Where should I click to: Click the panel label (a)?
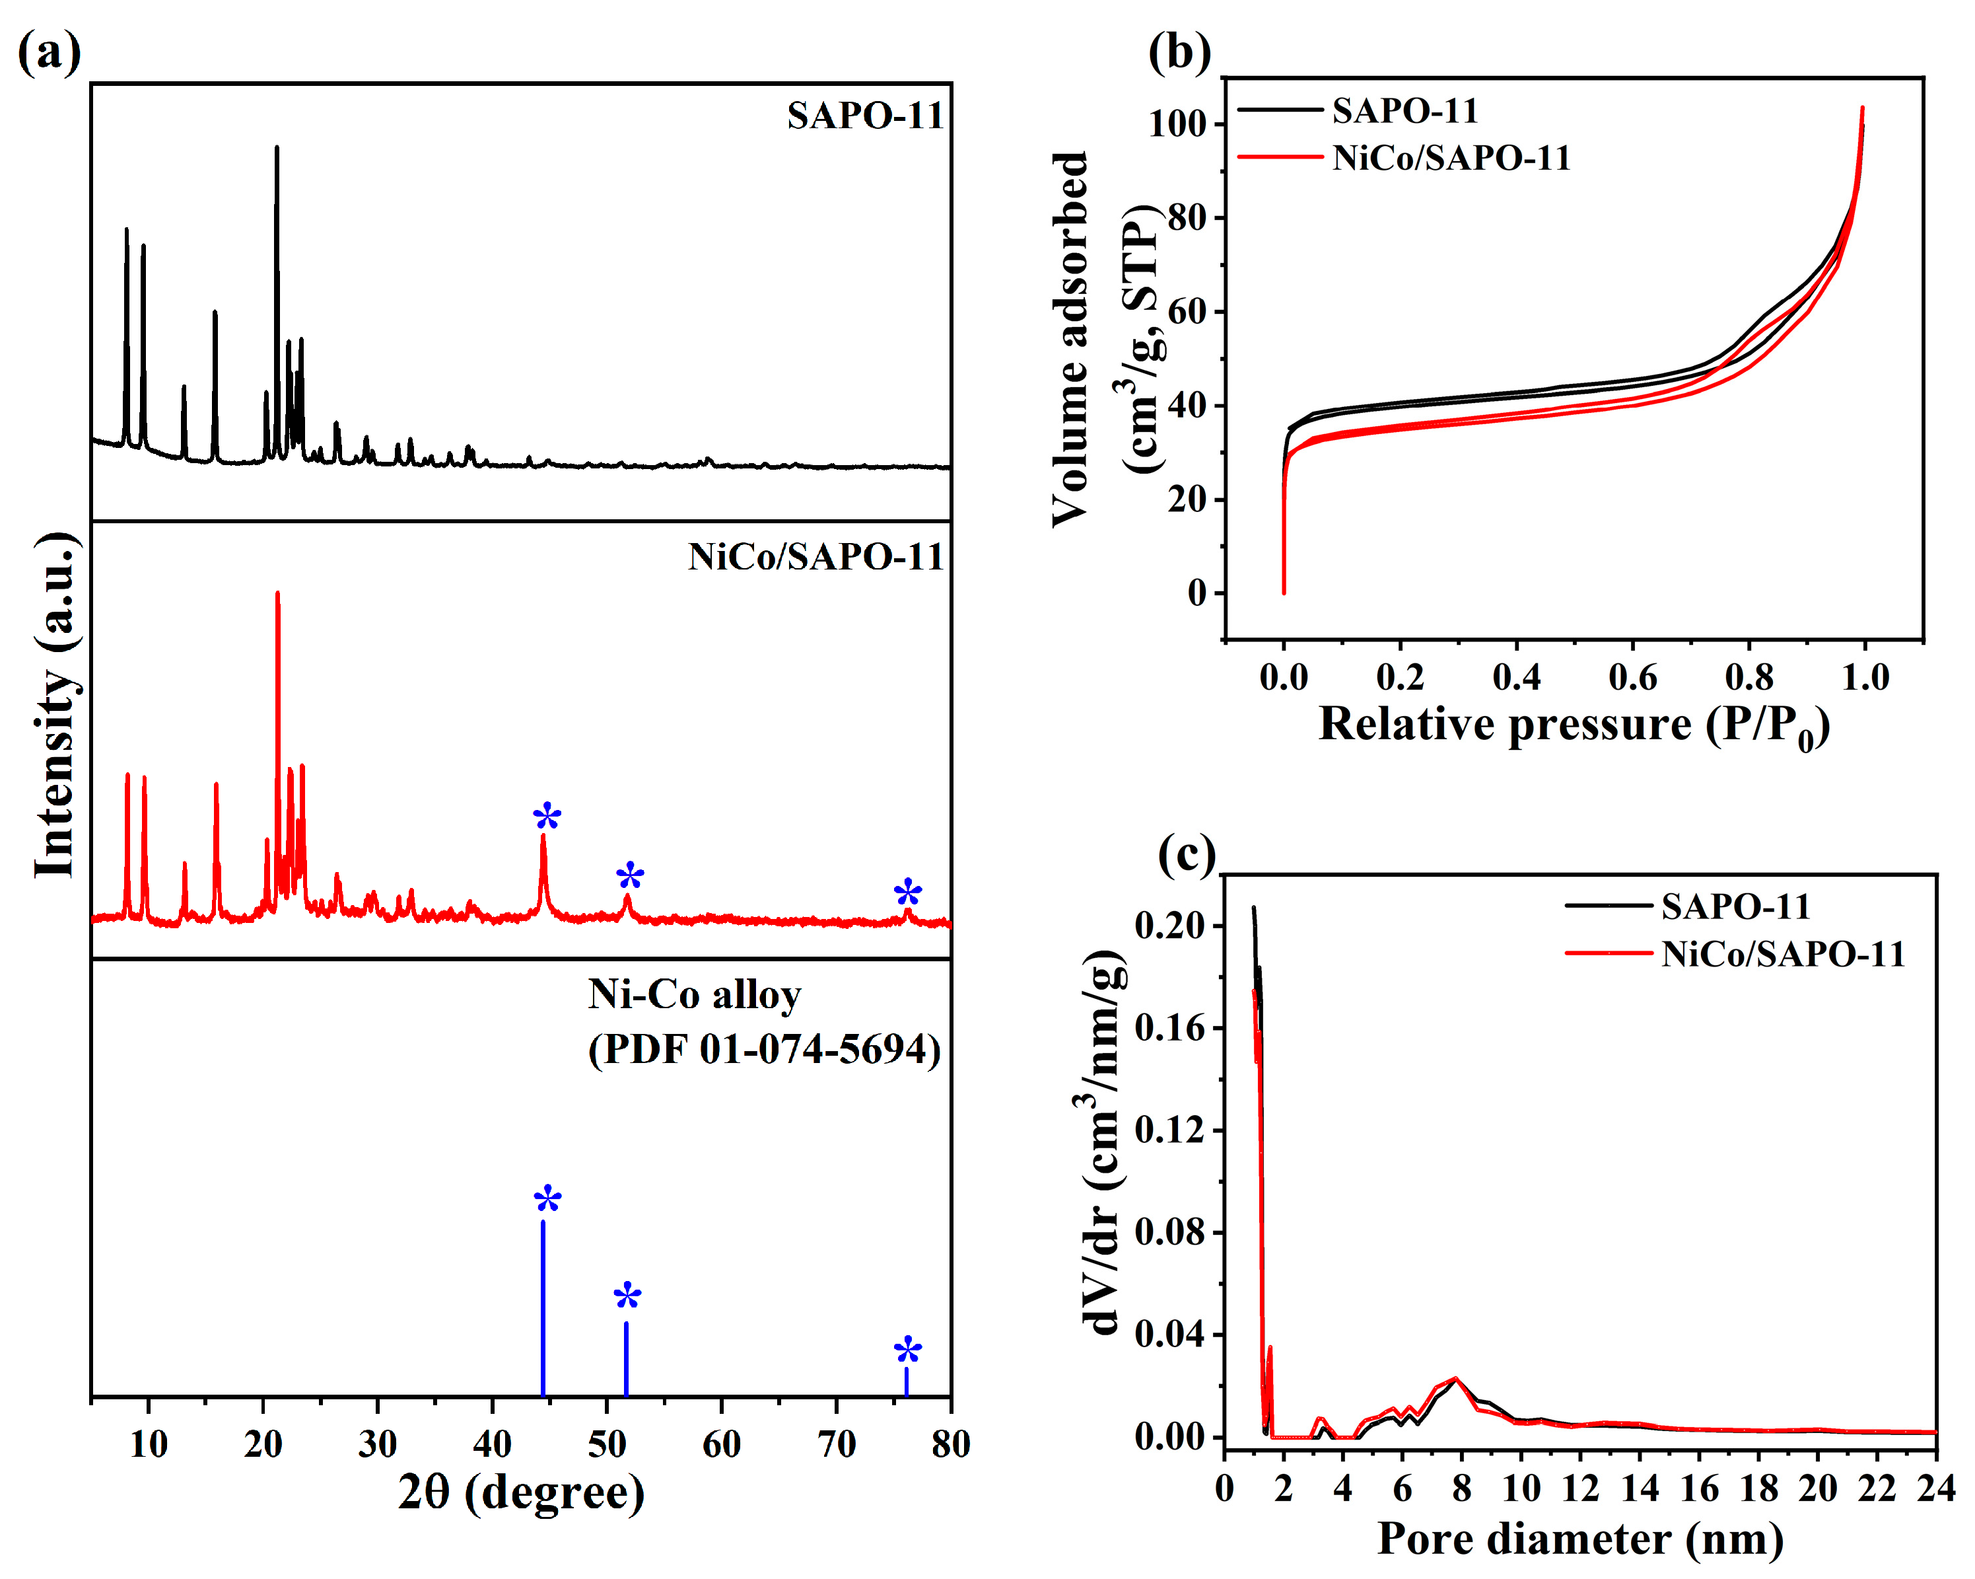pos(49,52)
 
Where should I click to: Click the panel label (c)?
pos(1187,854)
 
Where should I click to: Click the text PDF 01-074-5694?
pos(764,1049)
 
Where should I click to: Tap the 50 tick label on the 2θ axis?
pos(606,1445)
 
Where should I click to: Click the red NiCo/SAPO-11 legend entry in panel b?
pos(1450,158)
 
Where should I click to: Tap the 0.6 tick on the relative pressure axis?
pos(1632,677)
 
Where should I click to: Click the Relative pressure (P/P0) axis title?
pos(1574,726)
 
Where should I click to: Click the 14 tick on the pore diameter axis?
pos(1640,1489)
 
